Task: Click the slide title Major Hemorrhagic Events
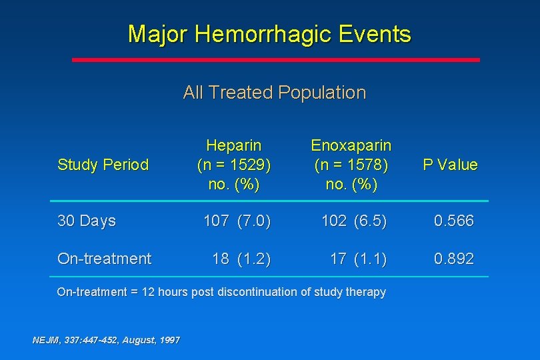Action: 269,33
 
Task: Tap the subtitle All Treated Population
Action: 274,92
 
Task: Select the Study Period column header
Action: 103,165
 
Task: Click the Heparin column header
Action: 233,145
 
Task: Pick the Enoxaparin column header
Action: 351,145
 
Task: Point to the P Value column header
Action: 450,165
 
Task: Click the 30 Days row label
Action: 87,221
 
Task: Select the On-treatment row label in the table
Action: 104,259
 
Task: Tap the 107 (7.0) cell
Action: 237,221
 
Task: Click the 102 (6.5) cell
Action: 353,221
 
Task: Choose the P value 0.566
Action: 453,221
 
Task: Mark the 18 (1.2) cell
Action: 241,259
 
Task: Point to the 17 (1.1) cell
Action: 358,259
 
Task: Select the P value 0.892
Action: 453,259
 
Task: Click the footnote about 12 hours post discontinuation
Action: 221,292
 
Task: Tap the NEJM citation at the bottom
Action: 106,340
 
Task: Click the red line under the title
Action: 275,59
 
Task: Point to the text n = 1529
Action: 233,165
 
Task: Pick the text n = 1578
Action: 351,165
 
